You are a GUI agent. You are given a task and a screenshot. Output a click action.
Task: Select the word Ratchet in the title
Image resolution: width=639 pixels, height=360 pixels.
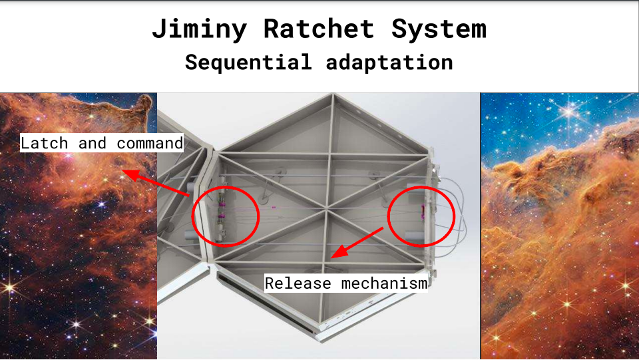pyautogui.click(x=319, y=29)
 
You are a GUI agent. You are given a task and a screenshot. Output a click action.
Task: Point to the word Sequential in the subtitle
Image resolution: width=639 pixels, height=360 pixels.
pyautogui.click(x=248, y=63)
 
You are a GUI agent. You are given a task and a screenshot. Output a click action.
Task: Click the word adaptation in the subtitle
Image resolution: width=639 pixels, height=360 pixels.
pyautogui.click(x=389, y=63)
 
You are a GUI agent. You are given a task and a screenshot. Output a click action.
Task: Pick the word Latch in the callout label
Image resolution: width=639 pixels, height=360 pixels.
pyautogui.click(x=44, y=143)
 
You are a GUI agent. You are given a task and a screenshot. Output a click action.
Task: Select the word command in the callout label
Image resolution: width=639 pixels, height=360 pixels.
pyautogui.click(x=150, y=143)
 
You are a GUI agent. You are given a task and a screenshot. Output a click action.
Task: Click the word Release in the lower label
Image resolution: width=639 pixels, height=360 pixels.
pyautogui.click(x=298, y=283)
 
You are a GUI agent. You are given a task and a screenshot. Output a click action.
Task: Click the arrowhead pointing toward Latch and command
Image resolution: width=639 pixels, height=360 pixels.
pyautogui.click(x=130, y=174)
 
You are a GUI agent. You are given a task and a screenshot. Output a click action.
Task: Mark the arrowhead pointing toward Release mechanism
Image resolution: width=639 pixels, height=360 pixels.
pyautogui.click(x=338, y=252)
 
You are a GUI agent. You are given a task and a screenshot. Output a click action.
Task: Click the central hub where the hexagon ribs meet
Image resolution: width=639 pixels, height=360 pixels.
pyautogui.click(x=326, y=210)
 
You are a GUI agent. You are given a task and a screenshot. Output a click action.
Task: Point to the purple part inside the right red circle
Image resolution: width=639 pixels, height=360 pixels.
pyautogui.click(x=423, y=211)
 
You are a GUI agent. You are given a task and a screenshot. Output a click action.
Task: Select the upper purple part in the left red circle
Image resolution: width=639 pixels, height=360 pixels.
pyautogui.click(x=222, y=202)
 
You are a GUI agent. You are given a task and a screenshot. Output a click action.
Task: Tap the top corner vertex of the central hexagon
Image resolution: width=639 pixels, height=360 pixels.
pyautogui.click(x=333, y=95)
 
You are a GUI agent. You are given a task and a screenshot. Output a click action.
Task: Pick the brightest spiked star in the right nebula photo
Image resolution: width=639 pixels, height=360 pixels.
pyautogui.click(x=569, y=110)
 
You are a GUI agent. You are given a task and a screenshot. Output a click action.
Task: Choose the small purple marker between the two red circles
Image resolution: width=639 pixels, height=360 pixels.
pyautogui.click(x=274, y=208)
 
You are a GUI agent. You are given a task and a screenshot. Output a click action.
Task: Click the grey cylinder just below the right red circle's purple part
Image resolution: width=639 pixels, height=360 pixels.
pyautogui.click(x=415, y=236)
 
